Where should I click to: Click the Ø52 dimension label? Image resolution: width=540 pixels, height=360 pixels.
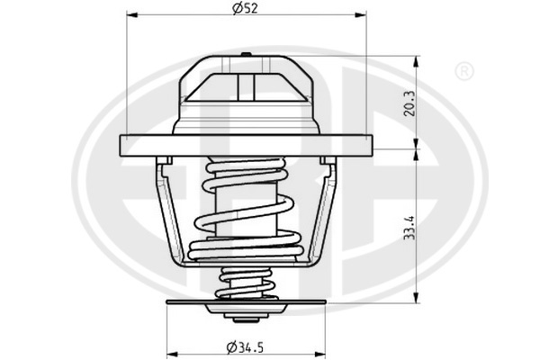click(x=245, y=8)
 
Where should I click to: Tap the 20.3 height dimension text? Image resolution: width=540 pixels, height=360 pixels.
click(x=409, y=103)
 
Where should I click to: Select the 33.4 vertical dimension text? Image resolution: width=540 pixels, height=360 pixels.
click(x=409, y=228)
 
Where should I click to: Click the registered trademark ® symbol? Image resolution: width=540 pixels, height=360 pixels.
click(x=463, y=71)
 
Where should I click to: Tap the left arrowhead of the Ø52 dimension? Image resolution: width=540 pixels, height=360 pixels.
click(x=132, y=14)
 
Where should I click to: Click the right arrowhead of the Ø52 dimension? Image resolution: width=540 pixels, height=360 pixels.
click(x=361, y=14)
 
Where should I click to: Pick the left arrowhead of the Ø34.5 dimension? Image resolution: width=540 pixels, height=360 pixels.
click(x=172, y=354)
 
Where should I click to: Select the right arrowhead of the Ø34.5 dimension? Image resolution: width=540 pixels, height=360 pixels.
click(x=319, y=354)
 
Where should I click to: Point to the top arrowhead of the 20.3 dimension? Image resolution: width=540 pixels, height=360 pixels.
click(x=416, y=61)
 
